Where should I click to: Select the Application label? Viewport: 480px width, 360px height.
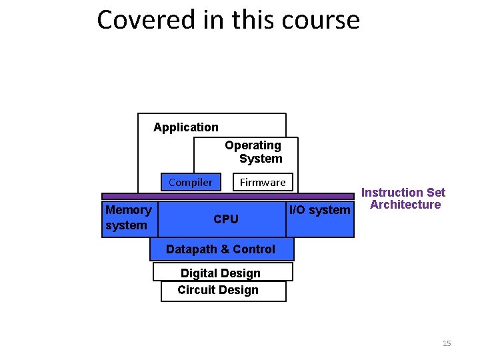click(185, 127)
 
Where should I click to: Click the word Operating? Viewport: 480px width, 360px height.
click(253, 145)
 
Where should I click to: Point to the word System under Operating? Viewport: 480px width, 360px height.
click(261, 159)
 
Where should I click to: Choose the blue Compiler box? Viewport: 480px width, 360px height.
click(191, 182)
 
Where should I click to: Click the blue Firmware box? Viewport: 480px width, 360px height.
click(263, 182)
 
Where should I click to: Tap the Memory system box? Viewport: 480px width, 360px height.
click(129, 218)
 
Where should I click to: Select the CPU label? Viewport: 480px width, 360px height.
click(225, 219)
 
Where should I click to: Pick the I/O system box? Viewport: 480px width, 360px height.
click(319, 211)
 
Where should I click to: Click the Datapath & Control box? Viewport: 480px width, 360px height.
click(221, 249)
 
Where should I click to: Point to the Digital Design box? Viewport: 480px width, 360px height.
click(221, 273)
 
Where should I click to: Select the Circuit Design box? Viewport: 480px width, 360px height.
click(218, 290)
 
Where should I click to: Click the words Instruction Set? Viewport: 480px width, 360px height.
click(403, 193)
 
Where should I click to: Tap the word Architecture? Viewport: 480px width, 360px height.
click(405, 205)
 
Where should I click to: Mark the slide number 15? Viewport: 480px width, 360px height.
click(447, 343)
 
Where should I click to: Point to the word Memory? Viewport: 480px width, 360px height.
click(129, 210)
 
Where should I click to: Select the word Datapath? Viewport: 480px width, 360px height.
click(191, 249)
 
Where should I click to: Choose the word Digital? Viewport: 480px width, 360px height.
click(197, 273)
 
